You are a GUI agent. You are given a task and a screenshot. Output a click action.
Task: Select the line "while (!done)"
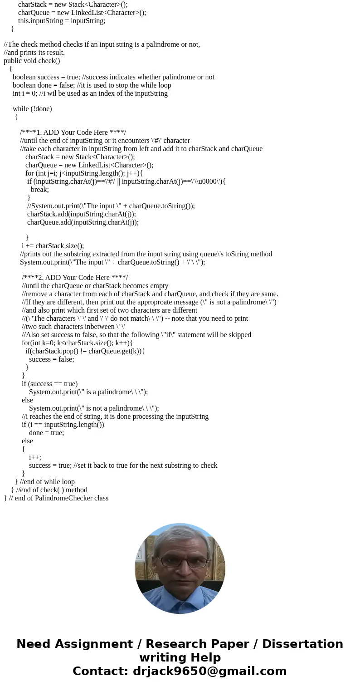[32, 109]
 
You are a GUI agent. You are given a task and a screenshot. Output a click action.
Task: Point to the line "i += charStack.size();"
[53, 246]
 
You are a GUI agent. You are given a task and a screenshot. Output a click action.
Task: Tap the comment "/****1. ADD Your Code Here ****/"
[73, 132]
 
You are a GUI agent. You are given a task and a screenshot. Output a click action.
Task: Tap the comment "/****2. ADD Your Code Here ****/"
[75, 278]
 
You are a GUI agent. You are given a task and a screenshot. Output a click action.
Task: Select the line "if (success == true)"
[49, 384]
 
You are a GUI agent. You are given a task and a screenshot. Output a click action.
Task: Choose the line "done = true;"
[46, 433]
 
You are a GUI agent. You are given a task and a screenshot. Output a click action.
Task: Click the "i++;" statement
[35, 457]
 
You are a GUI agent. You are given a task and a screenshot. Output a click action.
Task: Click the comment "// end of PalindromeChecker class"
[58, 498]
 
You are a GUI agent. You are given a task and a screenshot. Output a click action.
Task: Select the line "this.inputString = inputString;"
[62, 21]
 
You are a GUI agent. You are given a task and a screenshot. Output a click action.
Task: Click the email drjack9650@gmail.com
[210, 671]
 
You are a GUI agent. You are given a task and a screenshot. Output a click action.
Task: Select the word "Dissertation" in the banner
[302, 644]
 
